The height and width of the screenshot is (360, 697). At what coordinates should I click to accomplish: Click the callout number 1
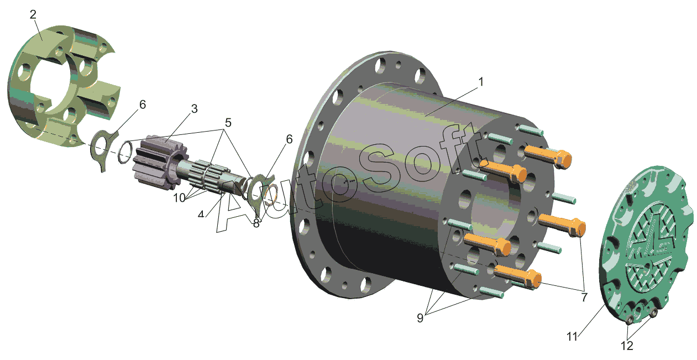[481, 82]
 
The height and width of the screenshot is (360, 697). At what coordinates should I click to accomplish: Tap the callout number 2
[33, 14]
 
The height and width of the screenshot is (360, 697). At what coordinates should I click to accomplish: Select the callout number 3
[194, 109]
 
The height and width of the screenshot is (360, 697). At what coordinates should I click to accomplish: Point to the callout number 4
[201, 214]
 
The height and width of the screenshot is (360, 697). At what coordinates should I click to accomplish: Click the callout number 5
[228, 123]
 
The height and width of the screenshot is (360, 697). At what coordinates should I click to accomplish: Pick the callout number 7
[584, 297]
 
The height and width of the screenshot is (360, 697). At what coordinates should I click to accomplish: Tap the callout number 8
[256, 223]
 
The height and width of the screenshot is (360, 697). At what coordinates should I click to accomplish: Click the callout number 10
[179, 198]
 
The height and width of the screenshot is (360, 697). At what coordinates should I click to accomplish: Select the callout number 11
[572, 337]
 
